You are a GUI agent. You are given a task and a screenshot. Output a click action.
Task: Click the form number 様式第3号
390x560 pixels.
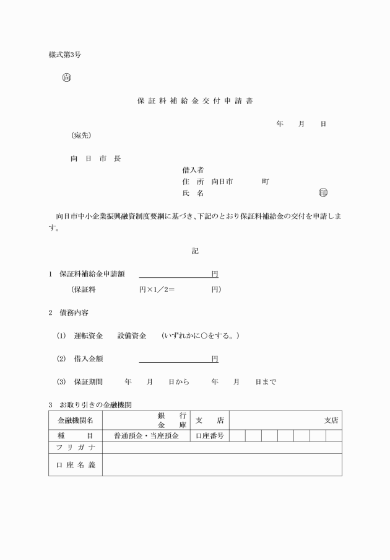coord(65,55)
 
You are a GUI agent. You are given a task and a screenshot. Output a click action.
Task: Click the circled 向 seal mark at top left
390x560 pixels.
coord(66,78)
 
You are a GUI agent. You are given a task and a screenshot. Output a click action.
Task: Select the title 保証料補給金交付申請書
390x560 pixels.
coord(195,100)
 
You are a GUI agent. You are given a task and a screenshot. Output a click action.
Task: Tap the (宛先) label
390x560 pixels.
coord(80,135)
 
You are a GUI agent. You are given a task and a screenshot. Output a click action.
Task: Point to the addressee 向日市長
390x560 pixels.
coord(95,158)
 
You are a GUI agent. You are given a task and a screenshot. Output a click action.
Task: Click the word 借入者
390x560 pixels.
coord(193,170)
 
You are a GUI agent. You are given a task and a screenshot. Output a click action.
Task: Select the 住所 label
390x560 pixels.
coord(193,182)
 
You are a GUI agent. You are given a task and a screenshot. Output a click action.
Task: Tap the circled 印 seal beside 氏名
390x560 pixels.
coord(323,193)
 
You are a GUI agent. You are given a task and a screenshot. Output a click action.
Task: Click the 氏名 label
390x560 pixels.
coord(193,193)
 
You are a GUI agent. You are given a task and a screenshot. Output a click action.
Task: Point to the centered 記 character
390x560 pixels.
coord(195,251)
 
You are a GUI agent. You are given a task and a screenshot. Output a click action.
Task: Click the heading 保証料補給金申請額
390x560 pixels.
coord(92,274)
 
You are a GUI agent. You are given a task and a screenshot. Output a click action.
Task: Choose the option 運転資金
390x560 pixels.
coord(89,336)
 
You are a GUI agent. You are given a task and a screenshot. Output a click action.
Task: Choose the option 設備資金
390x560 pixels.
coord(132,336)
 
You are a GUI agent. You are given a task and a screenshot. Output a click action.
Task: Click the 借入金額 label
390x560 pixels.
coord(89,359)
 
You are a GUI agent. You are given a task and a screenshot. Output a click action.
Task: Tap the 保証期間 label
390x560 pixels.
coord(89,382)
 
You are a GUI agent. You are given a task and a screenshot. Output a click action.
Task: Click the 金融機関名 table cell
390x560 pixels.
coord(76,420)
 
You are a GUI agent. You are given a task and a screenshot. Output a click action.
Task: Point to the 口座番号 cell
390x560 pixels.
coord(210,435)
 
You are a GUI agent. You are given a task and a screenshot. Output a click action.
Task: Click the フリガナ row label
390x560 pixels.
coord(76,447)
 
